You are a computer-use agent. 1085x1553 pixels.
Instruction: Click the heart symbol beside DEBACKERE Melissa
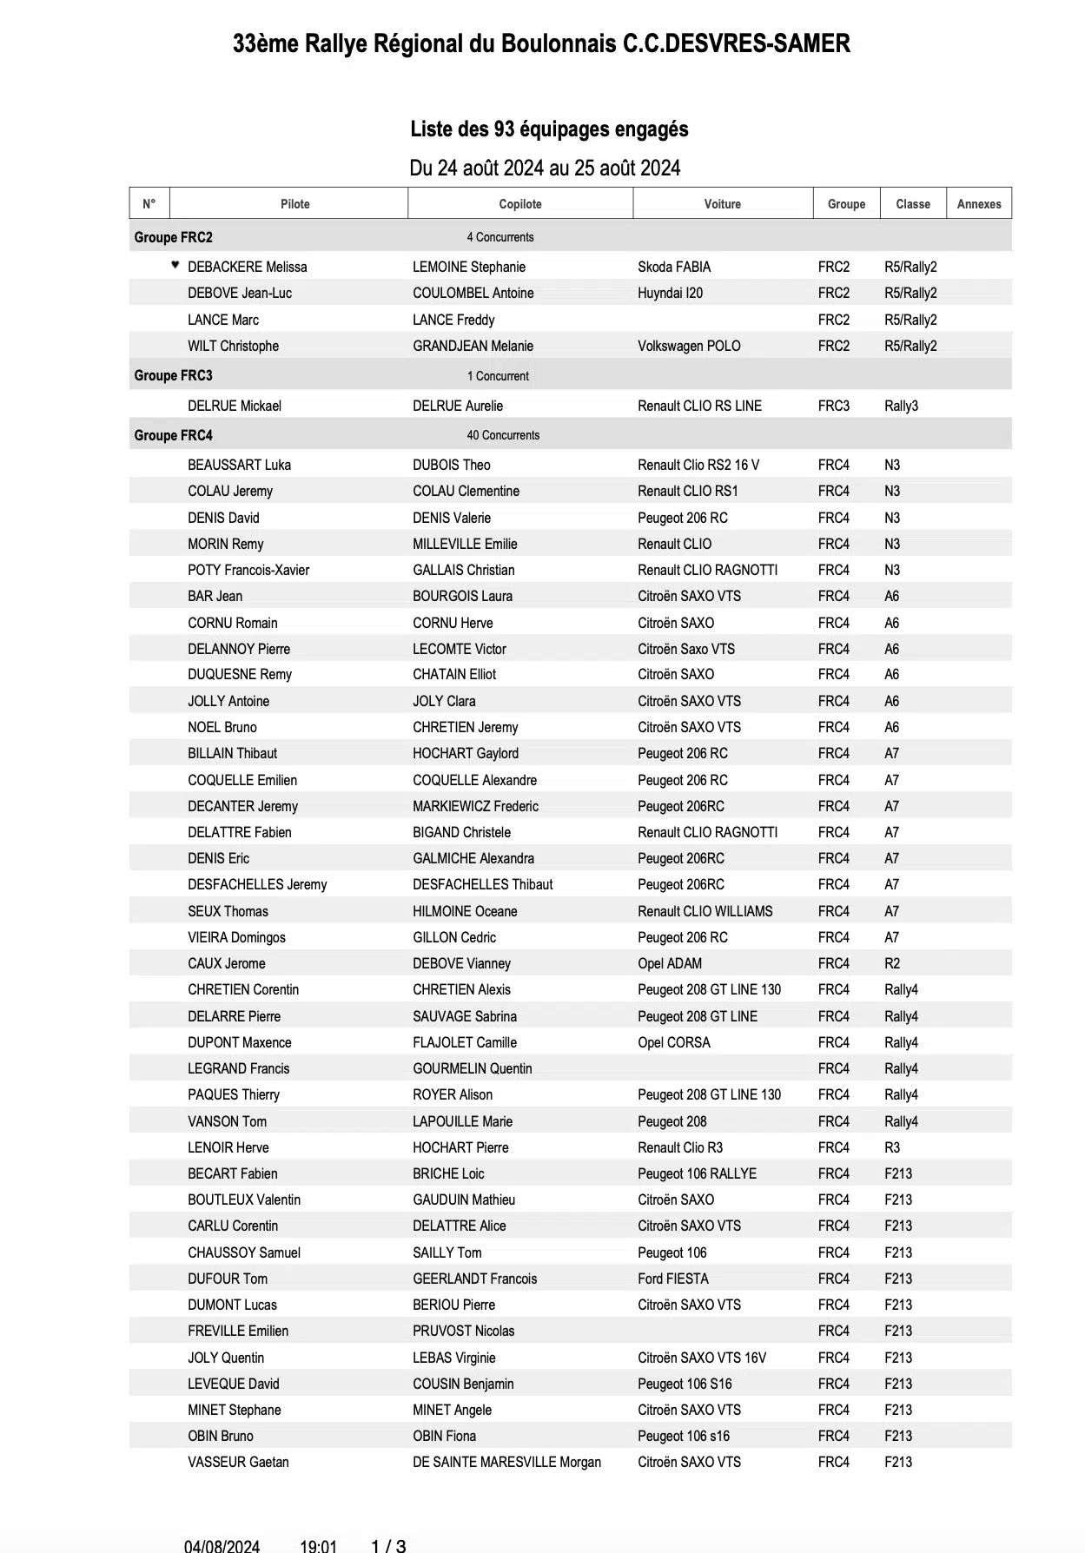pos(175,265)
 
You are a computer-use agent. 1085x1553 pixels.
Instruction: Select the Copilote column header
pos(520,204)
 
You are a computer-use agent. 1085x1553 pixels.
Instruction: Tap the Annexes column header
pos(978,204)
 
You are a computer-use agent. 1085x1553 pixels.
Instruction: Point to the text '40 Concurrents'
pos(503,435)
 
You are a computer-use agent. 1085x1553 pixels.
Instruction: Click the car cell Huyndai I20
pos(670,293)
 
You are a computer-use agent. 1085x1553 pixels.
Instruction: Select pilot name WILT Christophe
pos(233,346)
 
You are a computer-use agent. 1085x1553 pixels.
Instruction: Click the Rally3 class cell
pos(901,406)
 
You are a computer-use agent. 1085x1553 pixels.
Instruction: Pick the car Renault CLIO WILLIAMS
pos(705,911)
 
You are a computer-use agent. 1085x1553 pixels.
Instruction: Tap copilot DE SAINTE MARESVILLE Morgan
pos(506,1462)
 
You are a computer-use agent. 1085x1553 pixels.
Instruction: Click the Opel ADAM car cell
pos(669,963)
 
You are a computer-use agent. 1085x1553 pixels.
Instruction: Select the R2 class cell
pos(892,963)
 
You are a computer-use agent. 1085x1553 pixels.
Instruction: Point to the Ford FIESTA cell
pos(672,1279)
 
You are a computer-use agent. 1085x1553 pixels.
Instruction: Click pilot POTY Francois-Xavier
pos(248,570)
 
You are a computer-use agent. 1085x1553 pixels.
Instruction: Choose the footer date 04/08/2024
pos(222,1546)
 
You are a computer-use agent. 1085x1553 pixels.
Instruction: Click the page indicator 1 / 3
pos(388,1546)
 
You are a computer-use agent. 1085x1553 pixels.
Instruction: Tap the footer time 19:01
pos(318,1546)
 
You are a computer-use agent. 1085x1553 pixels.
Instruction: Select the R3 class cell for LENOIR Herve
pos(892,1147)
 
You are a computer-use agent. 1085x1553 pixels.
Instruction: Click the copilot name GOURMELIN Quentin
pos(472,1068)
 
